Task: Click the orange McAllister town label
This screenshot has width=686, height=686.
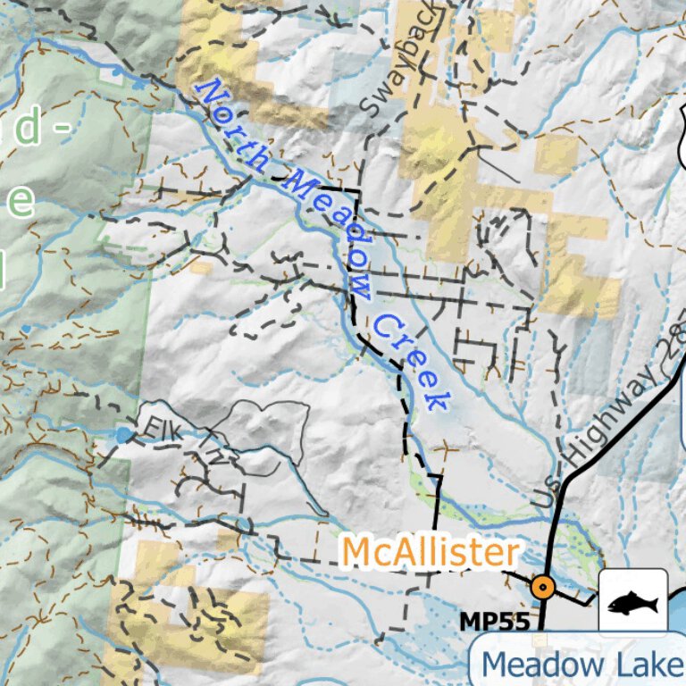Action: [x=431, y=553]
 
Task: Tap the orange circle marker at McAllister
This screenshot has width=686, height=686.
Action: [x=541, y=587]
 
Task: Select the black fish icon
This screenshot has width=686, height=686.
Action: [x=632, y=604]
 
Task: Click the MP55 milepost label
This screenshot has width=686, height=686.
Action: [x=494, y=620]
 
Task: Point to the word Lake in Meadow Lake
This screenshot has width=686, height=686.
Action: [x=647, y=665]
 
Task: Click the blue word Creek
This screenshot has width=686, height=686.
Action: [x=409, y=362]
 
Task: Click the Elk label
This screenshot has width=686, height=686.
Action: [x=160, y=428]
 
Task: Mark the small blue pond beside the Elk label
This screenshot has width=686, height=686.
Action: [x=122, y=435]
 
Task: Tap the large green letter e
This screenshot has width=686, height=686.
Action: [x=20, y=200]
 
